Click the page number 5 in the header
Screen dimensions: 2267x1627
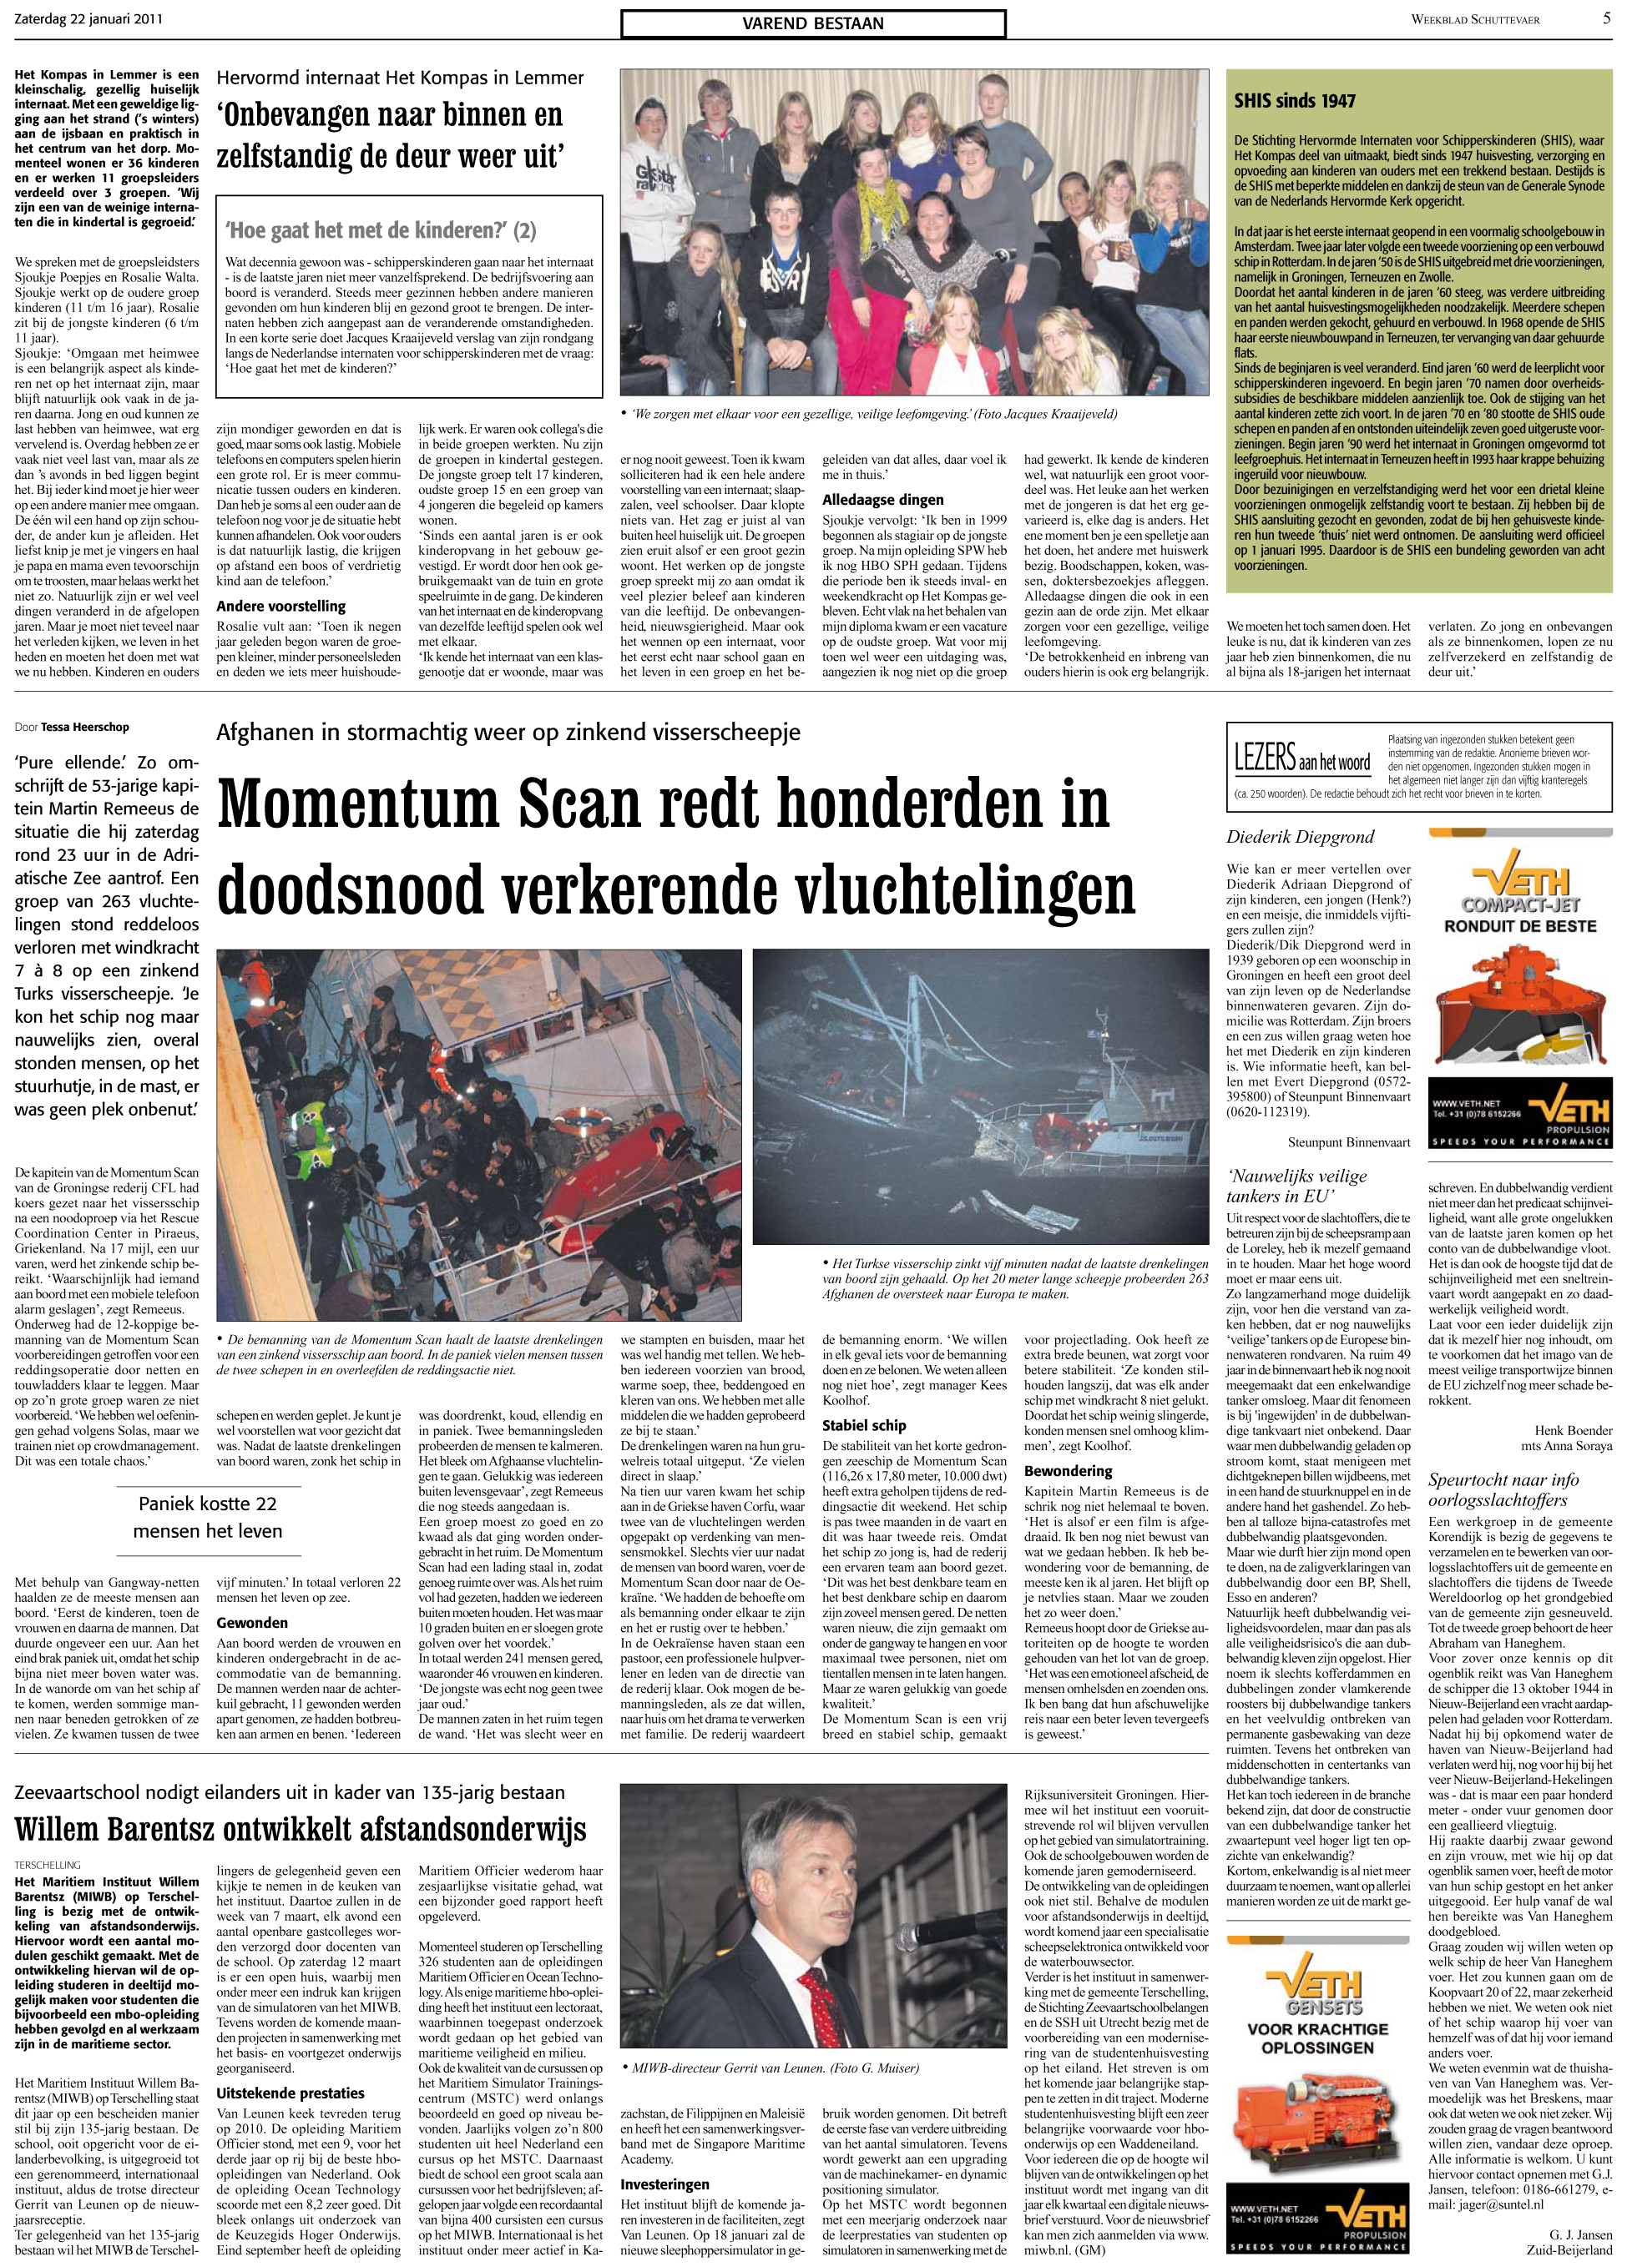tap(1607, 18)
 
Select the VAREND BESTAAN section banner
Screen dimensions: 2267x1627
tap(812, 24)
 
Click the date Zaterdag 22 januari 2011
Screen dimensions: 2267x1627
tap(90, 19)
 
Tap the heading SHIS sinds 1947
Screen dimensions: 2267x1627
tap(1295, 100)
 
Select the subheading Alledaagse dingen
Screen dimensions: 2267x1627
tap(882, 499)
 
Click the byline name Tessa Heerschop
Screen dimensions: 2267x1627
tap(85, 727)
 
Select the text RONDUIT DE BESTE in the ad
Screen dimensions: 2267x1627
tap(1519, 927)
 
